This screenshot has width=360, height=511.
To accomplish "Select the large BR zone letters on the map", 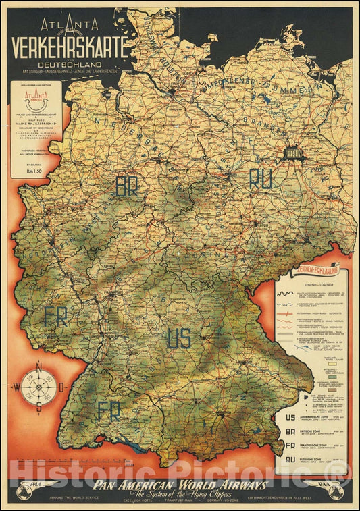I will [127, 186].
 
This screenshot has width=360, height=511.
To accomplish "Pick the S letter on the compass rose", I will [39, 407].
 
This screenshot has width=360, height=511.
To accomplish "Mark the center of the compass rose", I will [39, 387].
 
